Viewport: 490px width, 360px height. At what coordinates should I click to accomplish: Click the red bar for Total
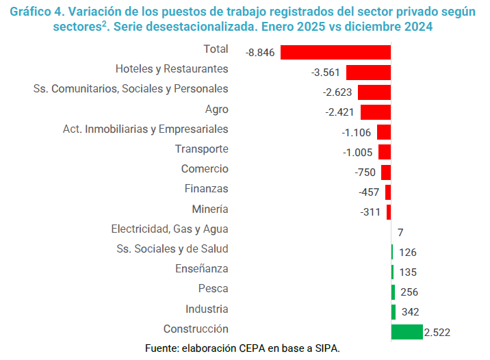pos(335,53)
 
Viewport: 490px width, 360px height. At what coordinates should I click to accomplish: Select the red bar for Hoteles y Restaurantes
pos(368,73)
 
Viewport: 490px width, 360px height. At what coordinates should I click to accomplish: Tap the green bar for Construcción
pos(407,332)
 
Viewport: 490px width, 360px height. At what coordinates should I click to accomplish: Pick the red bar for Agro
pos(375,112)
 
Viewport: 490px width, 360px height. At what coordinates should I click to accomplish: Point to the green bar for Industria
pos(394,312)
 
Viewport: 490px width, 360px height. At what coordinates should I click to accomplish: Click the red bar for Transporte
pos(384,152)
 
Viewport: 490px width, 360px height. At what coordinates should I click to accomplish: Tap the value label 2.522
pos(437,333)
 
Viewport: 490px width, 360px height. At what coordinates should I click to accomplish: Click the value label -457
pos(370,192)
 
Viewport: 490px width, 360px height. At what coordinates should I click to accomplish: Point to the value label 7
pos(400,233)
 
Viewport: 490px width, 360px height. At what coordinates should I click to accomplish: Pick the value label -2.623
pos(338,92)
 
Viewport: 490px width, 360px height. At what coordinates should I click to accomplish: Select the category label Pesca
pos(213,289)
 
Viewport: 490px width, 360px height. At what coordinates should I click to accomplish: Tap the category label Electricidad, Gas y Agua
pos(170,229)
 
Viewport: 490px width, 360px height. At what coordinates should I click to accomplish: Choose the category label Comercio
pos(205,169)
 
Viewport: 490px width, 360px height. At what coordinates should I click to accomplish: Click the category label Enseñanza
pos(202,269)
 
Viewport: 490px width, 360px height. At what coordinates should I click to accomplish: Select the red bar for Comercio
pos(386,172)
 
